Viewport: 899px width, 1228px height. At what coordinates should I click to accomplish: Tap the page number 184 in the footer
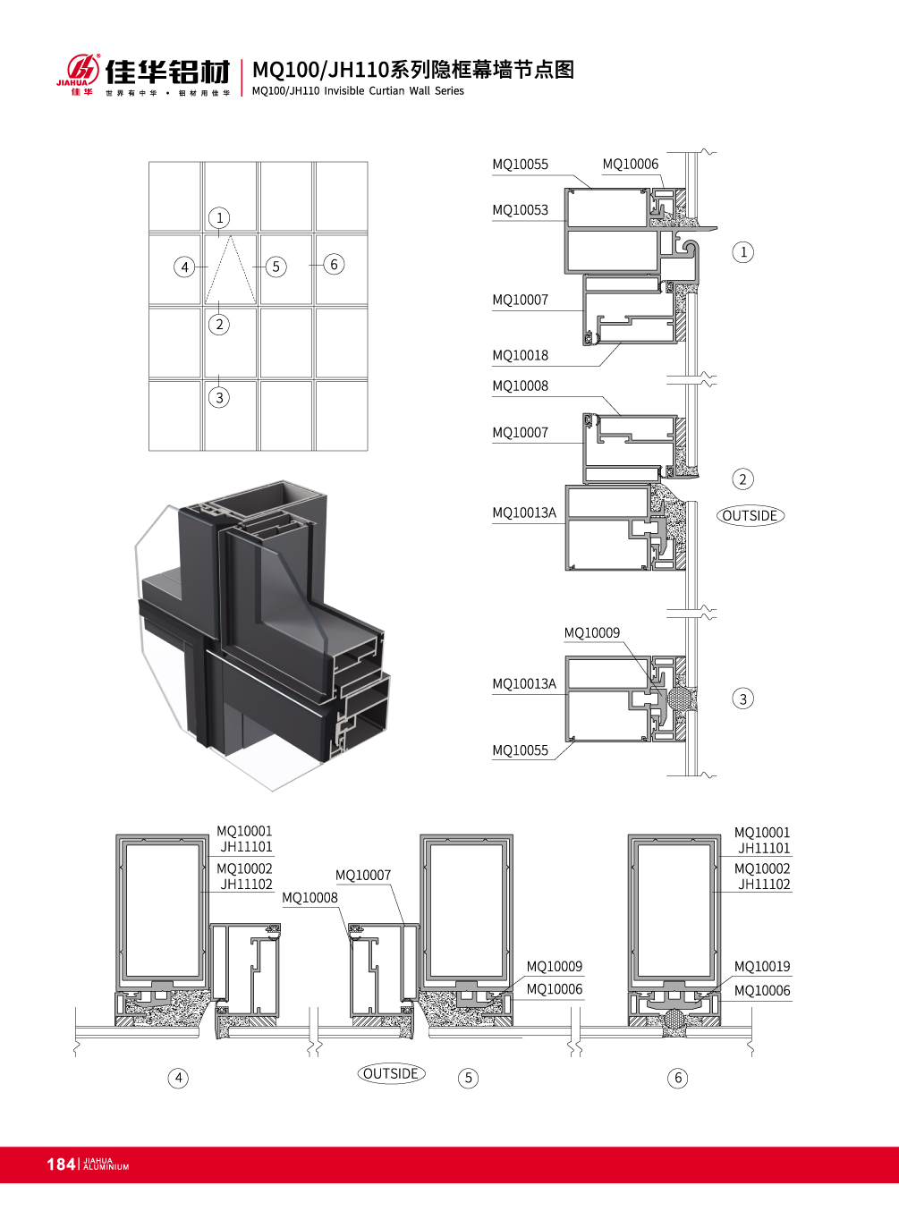60,1164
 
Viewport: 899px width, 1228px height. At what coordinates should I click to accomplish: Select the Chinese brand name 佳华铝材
167,72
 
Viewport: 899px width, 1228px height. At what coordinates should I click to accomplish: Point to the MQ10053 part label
520,210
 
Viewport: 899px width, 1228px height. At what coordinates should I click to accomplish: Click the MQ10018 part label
520,356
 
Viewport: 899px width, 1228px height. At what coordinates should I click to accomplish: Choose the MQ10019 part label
762,967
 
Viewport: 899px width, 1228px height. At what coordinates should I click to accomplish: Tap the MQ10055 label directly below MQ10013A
520,751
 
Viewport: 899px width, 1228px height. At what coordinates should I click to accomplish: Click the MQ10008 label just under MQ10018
520,386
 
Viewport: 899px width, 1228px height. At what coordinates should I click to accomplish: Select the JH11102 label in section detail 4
246,885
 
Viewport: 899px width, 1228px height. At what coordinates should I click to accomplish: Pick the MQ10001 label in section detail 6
762,833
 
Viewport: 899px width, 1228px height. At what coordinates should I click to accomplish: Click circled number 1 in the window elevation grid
219,217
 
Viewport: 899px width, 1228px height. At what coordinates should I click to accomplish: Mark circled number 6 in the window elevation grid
334,264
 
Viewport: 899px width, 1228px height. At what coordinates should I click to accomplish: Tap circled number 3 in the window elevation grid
219,397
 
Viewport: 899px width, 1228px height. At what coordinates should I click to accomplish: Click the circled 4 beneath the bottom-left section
179,1078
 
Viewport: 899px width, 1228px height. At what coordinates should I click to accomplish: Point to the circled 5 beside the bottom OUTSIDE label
468,1078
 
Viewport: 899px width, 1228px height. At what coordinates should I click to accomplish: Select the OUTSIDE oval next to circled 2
751,516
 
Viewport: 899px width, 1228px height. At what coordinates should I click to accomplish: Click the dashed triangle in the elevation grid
231,271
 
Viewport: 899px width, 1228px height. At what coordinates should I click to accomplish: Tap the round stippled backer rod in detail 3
682,699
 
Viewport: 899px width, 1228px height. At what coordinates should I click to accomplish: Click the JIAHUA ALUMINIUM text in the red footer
106,1164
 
